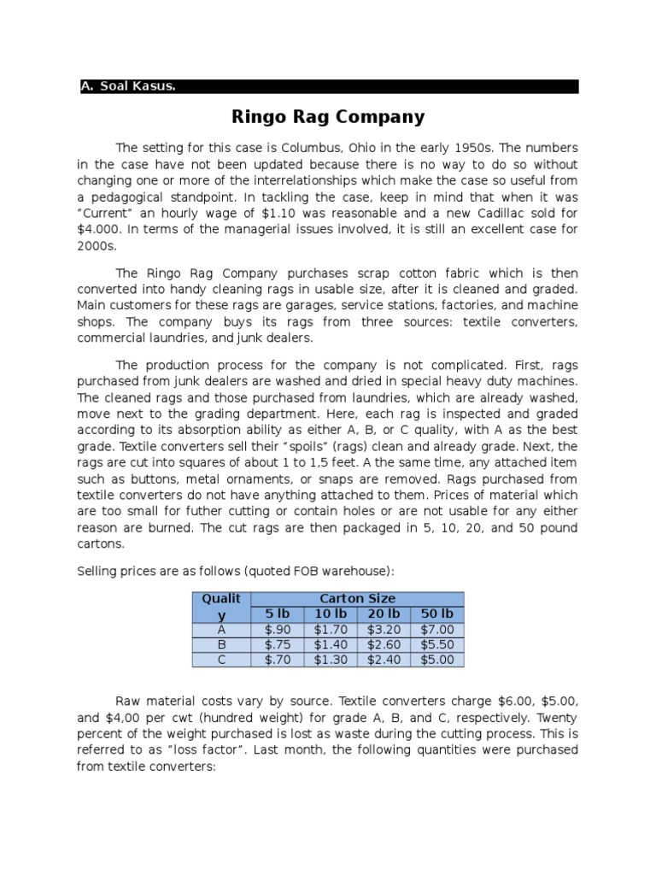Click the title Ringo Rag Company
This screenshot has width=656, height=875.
[328, 116]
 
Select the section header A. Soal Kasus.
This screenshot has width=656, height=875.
[127, 86]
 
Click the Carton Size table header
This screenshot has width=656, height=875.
[357, 599]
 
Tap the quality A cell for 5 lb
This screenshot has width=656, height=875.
[276, 630]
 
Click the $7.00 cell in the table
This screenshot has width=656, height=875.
[436, 630]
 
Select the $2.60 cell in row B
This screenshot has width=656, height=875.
[384, 645]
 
